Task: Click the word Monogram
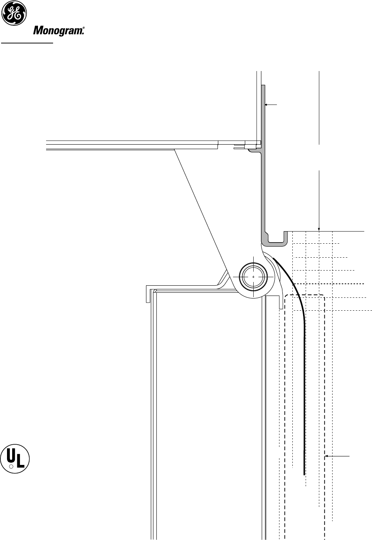pyautogui.click(x=58, y=31)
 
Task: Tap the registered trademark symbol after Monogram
pyautogui.click(x=84, y=33)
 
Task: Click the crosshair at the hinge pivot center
pyautogui.click(x=254, y=276)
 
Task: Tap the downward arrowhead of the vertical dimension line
pyautogui.click(x=319, y=229)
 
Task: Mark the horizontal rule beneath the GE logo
pyautogui.click(x=28, y=43)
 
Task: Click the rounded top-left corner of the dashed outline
pyautogui.click(x=288, y=297)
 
